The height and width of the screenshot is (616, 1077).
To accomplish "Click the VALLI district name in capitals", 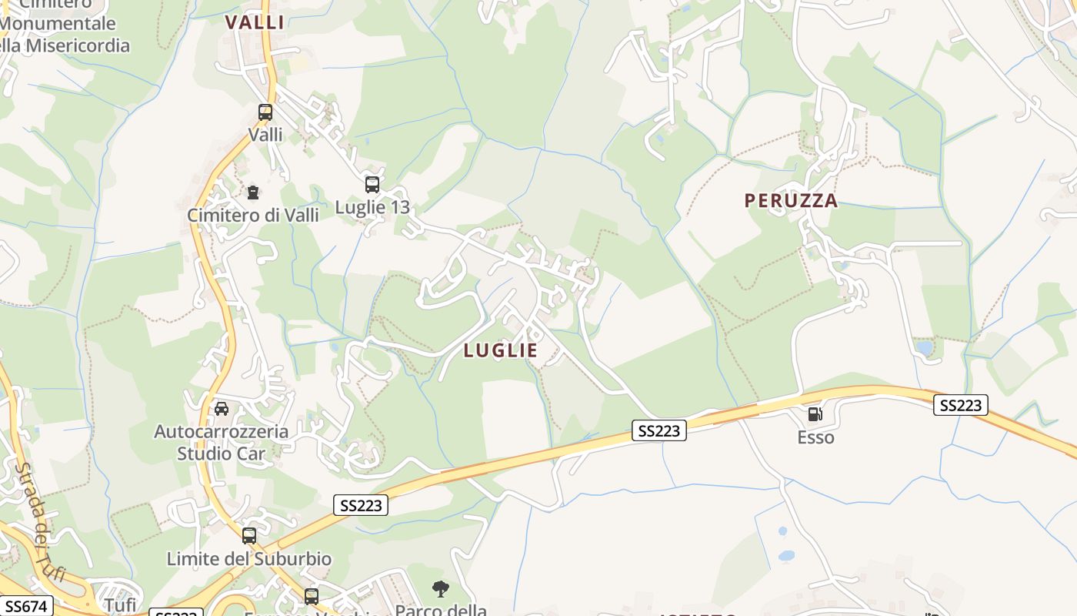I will pyautogui.click(x=255, y=22).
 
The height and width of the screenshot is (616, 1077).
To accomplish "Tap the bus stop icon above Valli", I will pyautogui.click(x=265, y=112).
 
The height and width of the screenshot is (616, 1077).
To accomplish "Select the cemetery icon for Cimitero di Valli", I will pyautogui.click(x=252, y=192).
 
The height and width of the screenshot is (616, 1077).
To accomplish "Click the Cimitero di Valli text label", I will pyautogui.click(x=252, y=215).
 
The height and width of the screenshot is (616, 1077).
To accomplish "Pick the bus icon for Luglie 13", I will pyautogui.click(x=372, y=185).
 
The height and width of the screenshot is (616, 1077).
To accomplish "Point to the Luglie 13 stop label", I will pyautogui.click(x=372, y=207).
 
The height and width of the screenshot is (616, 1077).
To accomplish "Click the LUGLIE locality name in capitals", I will pyautogui.click(x=501, y=350).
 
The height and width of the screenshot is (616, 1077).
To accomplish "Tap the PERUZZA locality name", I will pyautogui.click(x=791, y=201).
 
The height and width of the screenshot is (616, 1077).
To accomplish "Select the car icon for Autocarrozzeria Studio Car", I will pyautogui.click(x=222, y=409).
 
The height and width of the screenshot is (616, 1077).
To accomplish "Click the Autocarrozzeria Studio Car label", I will pyautogui.click(x=222, y=443).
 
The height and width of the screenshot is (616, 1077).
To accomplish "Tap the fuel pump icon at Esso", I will pyautogui.click(x=815, y=415).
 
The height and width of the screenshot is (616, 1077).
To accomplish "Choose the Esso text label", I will pyautogui.click(x=815, y=437).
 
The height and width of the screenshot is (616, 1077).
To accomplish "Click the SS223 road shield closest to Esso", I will pyautogui.click(x=960, y=405).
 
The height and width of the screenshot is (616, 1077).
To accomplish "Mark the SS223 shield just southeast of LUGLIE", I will pyautogui.click(x=659, y=430).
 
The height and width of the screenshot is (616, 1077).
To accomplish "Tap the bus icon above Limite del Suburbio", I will pyautogui.click(x=249, y=536).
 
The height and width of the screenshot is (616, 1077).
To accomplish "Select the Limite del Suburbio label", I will pyautogui.click(x=249, y=559).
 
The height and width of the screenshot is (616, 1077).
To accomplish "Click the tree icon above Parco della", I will pyautogui.click(x=440, y=590).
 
